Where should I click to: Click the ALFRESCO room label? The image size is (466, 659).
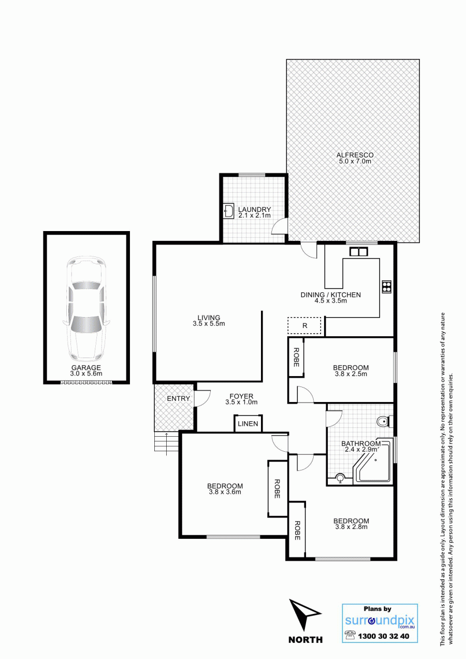pyautogui.click(x=355, y=155)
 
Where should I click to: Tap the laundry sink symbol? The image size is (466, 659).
pyautogui.click(x=229, y=211)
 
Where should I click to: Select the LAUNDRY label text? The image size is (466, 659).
pyautogui.click(x=254, y=209)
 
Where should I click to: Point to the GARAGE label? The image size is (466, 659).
pyautogui.click(x=86, y=367)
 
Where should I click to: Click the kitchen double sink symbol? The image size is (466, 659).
pyautogui.click(x=358, y=252)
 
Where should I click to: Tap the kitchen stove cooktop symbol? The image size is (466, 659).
pyautogui.click(x=387, y=286)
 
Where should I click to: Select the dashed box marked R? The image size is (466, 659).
pyautogui.click(x=304, y=325)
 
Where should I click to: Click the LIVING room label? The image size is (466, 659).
pyautogui.click(x=209, y=318)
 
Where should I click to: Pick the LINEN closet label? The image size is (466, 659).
pyautogui.click(x=248, y=424)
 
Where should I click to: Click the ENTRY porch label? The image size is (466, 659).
pyautogui.click(x=178, y=398)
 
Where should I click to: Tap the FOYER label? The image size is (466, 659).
pyautogui.click(x=241, y=396)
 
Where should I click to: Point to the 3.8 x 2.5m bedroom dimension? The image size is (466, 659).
pyautogui.click(x=351, y=374)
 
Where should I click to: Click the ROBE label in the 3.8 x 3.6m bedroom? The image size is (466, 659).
pyautogui.click(x=277, y=489)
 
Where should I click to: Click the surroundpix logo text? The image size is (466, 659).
pyautogui.click(x=380, y=621)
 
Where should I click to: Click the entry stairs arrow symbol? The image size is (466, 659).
pyautogui.click(x=166, y=444)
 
